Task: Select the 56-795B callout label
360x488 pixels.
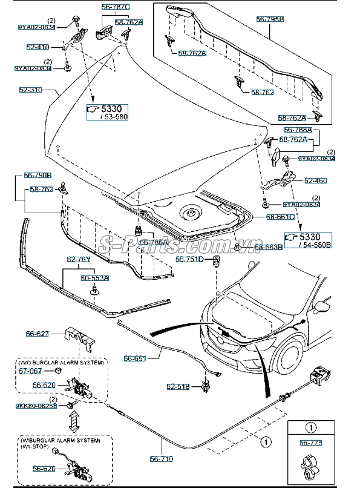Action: coord(269,20)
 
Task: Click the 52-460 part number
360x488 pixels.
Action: coord(315,180)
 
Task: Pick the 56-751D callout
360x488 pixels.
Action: coord(188,259)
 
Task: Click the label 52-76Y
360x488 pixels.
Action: coord(79,259)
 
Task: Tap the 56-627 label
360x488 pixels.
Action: coord(37,333)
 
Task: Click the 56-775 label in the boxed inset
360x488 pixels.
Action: coord(310,443)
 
